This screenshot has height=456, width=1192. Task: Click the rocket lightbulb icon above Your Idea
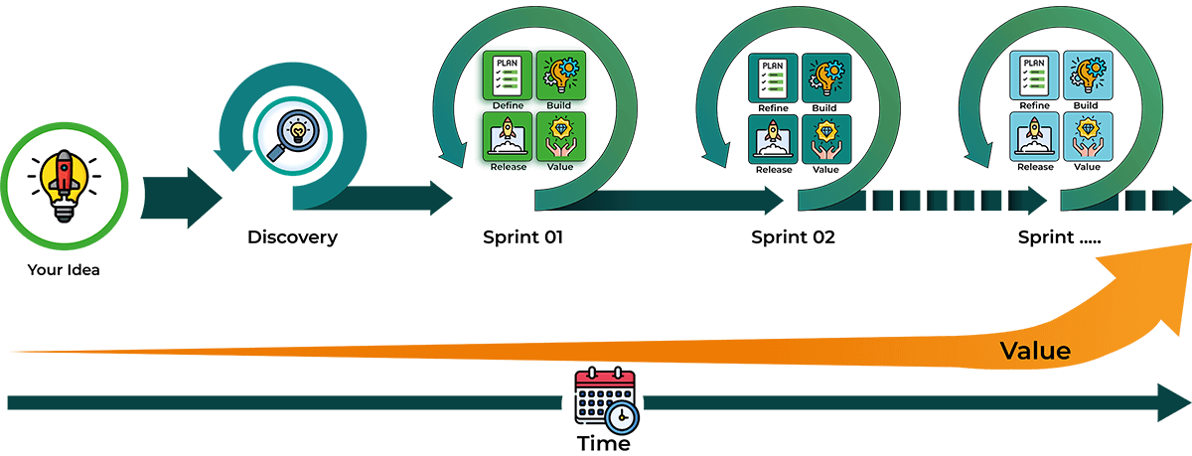[x=65, y=186]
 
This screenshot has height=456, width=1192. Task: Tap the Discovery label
[x=292, y=237]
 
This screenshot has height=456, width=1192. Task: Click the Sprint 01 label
[x=522, y=237]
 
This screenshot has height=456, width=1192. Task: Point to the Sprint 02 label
[x=793, y=237]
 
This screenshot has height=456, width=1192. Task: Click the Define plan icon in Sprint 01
[x=508, y=76]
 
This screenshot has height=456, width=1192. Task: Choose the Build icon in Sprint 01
[x=561, y=76]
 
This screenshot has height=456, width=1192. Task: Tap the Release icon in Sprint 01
[x=508, y=136]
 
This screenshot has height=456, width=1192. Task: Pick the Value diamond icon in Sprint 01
[x=561, y=136]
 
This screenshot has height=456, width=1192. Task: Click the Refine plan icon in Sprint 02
[x=773, y=78]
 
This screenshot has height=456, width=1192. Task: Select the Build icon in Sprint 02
[x=826, y=78]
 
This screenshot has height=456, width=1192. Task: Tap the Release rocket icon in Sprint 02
[x=773, y=139]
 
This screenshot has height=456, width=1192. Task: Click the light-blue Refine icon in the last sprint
[x=1034, y=76]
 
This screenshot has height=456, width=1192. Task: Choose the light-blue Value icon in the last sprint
[x=1088, y=136]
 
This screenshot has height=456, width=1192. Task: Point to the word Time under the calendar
[x=604, y=443]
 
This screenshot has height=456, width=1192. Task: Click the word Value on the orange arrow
[x=1035, y=351]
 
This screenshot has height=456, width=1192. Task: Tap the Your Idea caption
[x=64, y=270]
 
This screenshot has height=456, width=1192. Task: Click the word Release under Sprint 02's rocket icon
[x=774, y=170]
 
